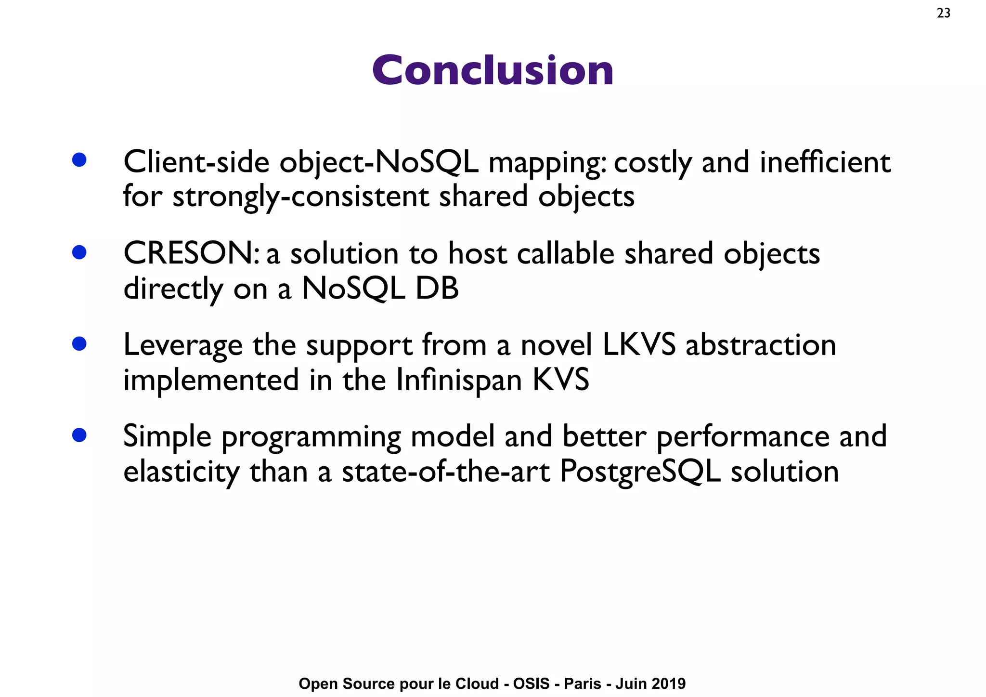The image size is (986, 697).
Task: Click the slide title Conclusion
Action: tap(493, 70)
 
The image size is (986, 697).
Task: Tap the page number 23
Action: tap(943, 13)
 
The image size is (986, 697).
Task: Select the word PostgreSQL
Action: tap(640, 471)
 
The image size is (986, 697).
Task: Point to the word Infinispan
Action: tap(459, 380)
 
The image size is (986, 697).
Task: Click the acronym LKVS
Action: tap(639, 345)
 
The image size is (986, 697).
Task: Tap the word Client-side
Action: tap(196, 162)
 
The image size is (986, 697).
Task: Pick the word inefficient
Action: tap(825, 162)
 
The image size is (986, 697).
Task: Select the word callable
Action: tap(565, 253)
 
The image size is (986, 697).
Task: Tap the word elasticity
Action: tap(181, 472)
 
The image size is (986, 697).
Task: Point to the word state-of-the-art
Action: tap(445, 471)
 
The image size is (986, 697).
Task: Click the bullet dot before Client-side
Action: tap(79, 160)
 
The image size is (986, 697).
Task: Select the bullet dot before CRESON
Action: tap(79, 252)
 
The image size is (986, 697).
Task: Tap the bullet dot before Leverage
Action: tap(79, 343)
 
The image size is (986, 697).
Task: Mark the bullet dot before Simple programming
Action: tap(79, 435)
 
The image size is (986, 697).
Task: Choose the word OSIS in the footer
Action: tap(531, 684)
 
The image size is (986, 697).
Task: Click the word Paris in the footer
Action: tap(583, 684)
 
